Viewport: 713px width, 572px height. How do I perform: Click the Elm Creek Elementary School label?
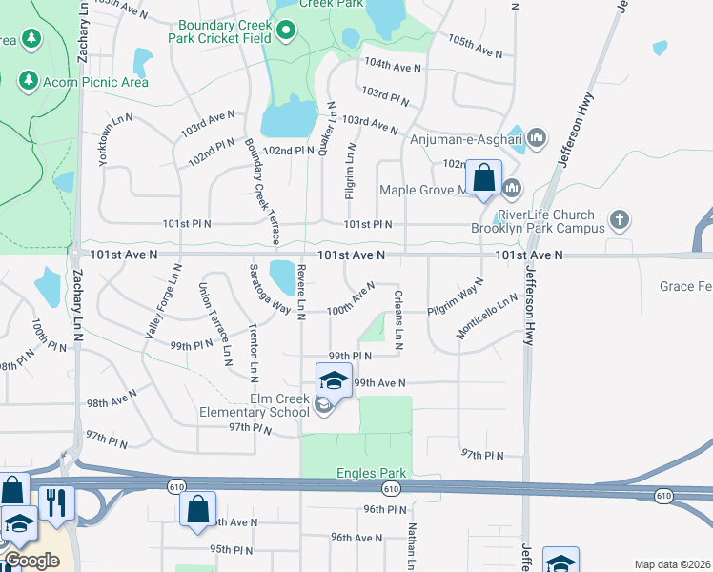click(x=251, y=405)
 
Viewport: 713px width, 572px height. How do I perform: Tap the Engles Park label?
click(x=372, y=473)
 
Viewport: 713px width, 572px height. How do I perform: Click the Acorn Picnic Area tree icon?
click(x=29, y=82)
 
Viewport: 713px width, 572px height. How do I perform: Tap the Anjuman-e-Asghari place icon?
click(x=536, y=138)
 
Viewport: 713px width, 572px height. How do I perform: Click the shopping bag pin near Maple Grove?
click(x=483, y=178)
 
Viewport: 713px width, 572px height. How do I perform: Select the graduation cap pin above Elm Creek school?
click(x=334, y=380)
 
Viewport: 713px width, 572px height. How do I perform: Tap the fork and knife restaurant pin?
click(x=56, y=502)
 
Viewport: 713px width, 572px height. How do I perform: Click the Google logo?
click(x=32, y=561)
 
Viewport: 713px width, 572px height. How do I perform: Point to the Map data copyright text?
click(x=673, y=563)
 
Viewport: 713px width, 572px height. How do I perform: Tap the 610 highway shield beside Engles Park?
click(x=391, y=489)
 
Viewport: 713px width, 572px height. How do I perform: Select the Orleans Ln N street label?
click(x=398, y=319)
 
